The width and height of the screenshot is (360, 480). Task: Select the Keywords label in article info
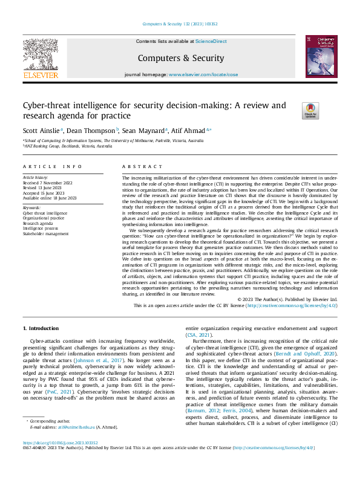tap(32, 208)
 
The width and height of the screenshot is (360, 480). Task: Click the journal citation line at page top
tap(180, 24)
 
